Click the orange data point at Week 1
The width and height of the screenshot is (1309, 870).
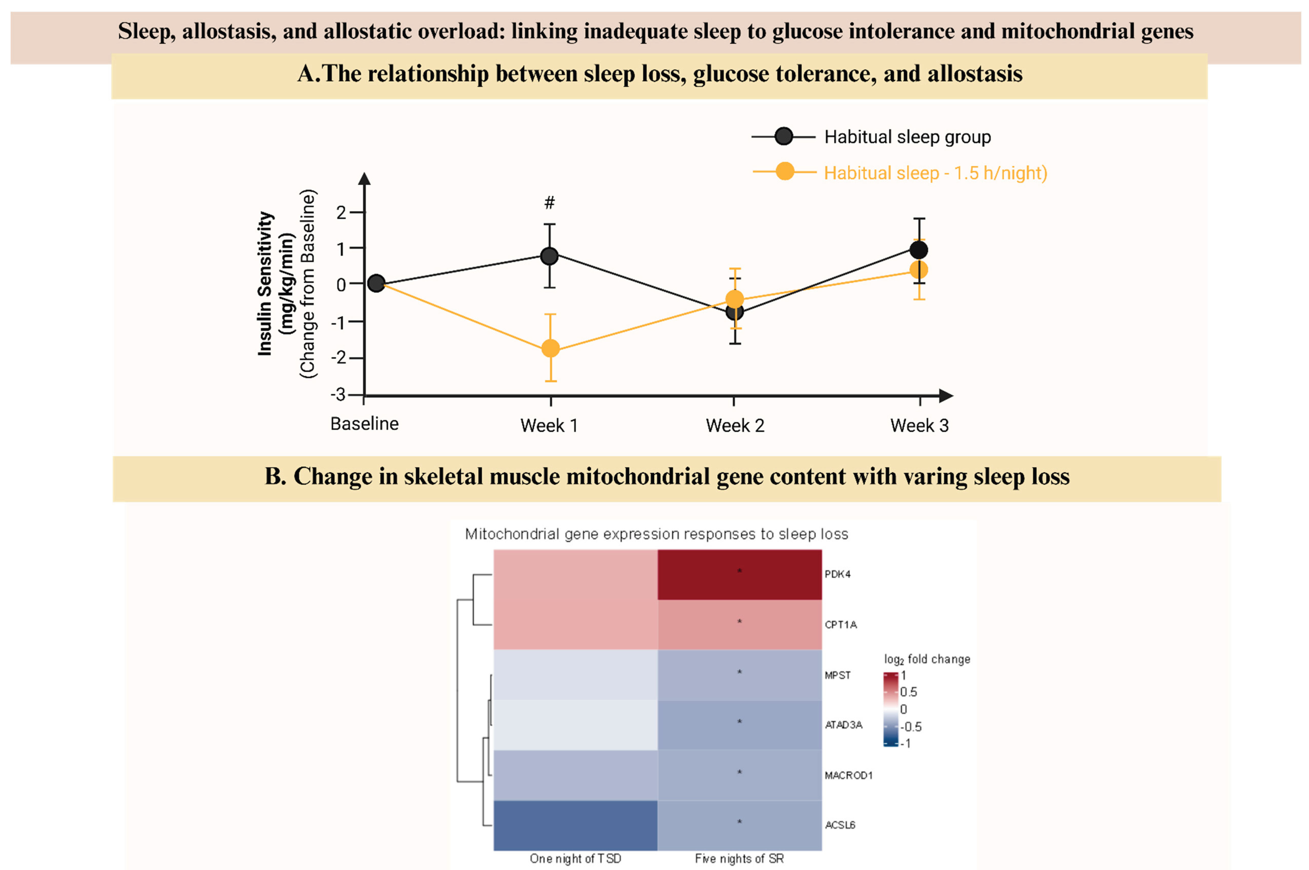click(x=550, y=349)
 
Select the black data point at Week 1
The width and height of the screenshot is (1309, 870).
click(x=549, y=256)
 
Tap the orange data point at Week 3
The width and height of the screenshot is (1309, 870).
click(x=919, y=270)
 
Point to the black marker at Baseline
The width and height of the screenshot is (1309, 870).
click(x=376, y=284)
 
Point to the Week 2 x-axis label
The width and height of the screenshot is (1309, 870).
click(x=735, y=426)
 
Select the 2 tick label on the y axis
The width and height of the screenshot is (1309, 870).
click(x=341, y=212)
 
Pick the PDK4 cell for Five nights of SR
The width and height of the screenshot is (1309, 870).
click(x=739, y=574)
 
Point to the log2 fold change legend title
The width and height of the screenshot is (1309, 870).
click(x=927, y=659)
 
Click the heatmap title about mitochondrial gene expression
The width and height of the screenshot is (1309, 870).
click(x=657, y=534)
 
